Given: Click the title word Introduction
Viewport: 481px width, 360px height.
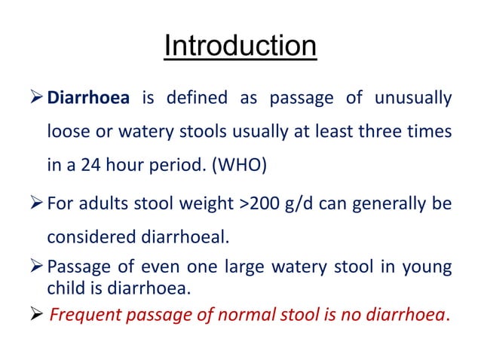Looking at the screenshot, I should [240, 47].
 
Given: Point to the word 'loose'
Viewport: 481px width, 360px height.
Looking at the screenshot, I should [67, 132].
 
